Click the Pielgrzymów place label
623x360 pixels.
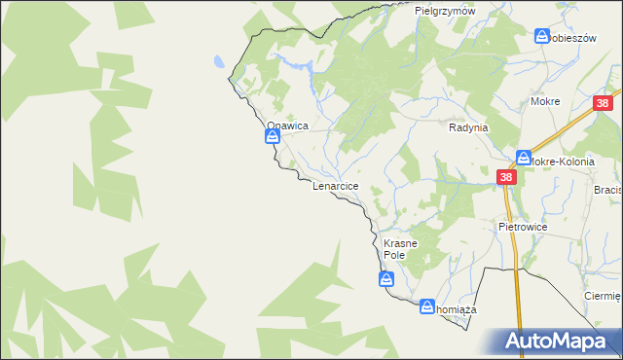click(x=444, y=11)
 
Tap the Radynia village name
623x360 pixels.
click(x=467, y=127)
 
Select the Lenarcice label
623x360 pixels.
click(x=336, y=185)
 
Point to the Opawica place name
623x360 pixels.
click(x=288, y=126)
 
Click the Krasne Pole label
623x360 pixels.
click(x=400, y=249)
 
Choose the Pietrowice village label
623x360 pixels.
click(x=523, y=226)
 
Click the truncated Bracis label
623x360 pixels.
click(x=607, y=191)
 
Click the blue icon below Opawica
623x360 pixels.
click(x=274, y=138)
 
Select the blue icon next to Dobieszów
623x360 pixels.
click(x=542, y=36)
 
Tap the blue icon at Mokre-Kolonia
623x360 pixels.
click(x=524, y=157)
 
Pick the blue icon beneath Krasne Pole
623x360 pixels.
click(x=386, y=280)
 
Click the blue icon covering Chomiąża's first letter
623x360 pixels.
click(x=426, y=307)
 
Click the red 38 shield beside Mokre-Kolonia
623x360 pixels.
click(x=506, y=176)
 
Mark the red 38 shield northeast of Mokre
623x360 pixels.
click(x=605, y=104)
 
